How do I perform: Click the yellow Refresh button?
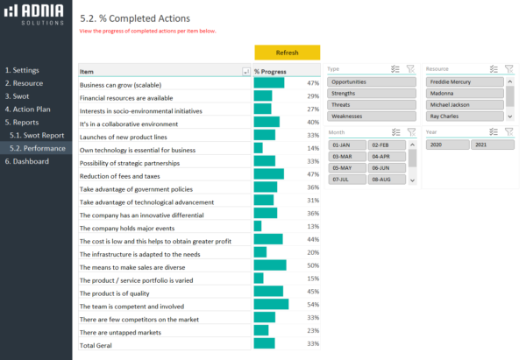coord(287,53)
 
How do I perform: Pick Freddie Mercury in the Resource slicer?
coord(465,81)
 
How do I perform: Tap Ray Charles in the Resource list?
coord(465,116)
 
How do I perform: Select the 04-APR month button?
coord(386,156)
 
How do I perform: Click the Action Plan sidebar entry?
coord(32,109)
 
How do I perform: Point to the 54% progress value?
coord(312,304)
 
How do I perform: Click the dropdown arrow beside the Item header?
coord(245,72)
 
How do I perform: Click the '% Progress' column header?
coord(271,72)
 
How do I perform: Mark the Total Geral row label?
coord(98,345)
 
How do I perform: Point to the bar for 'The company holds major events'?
coord(258,227)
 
